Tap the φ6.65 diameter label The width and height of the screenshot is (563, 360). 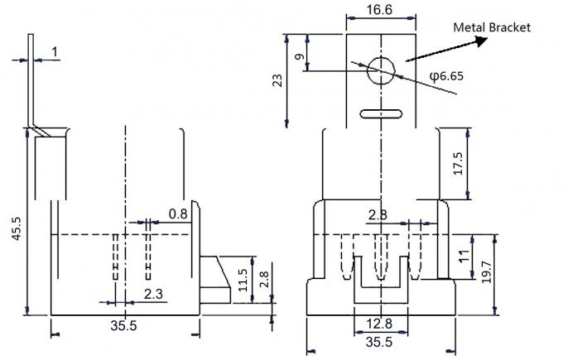click(446, 75)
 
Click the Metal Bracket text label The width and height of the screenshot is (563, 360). click(492, 27)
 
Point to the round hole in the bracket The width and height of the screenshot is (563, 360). click(381, 70)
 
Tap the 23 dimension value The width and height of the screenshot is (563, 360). click(277, 79)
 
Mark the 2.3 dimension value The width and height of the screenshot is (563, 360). click(153, 293)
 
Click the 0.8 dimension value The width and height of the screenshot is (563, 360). click(178, 214)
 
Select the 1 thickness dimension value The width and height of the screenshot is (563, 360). click(54, 53)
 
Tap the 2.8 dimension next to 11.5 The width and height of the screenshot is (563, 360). click(263, 278)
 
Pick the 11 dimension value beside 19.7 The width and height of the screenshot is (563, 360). click(464, 257)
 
